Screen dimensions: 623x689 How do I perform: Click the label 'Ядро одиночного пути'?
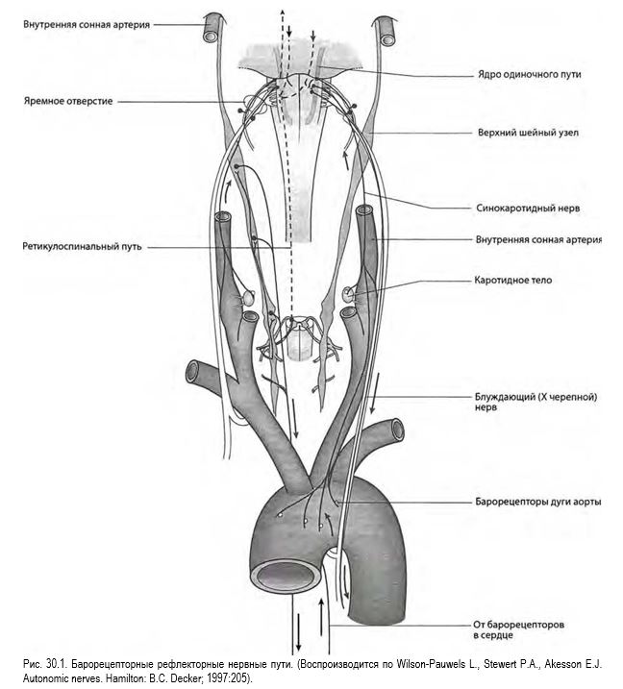(x=529, y=74)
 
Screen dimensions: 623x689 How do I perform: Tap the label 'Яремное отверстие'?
(x=68, y=101)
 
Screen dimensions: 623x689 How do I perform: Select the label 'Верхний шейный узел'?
(x=528, y=133)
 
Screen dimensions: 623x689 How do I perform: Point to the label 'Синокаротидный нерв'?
(x=528, y=208)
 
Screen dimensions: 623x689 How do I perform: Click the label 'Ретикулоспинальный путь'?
(x=82, y=247)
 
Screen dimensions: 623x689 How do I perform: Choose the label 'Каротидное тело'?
(x=512, y=280)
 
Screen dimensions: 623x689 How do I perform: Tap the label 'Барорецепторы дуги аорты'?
(x=537, y=502)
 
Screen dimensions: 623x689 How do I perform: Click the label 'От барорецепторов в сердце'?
(x=518, y=629)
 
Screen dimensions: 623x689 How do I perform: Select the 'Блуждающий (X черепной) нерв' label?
(x=536, y=402)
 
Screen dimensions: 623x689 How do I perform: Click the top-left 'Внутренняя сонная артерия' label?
(x=87, y=25)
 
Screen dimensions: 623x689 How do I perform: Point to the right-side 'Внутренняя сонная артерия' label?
(x=538, y=240)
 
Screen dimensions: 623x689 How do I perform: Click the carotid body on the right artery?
(x=349, y=294)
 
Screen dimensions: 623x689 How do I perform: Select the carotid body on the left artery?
(x=249, y=298)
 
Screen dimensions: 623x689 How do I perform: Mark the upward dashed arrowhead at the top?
(x=282, y=12)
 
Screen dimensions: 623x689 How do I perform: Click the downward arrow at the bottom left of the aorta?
(x=299, y=631)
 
